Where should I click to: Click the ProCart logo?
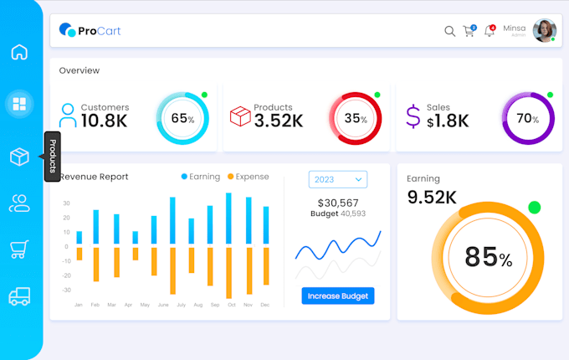[90, 31]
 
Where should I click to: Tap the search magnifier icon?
[449, 31]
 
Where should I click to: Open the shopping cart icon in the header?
[469, 31]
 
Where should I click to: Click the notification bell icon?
[490, 31]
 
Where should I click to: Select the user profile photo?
[544, 30]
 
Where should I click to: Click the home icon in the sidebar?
[19, 52]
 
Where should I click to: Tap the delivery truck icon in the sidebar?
[19, 296]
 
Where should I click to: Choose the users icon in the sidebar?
[19, 202]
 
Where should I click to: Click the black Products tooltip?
[52, 157]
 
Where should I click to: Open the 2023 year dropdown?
[338, 179]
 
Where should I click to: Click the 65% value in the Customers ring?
[182, 119]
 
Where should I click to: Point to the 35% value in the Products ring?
[356, 119]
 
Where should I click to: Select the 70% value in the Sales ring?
[528, 119]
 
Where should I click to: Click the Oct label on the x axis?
[231, 306]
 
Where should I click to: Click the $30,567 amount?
[338, 203]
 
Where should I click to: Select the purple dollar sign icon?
[413, 116]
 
